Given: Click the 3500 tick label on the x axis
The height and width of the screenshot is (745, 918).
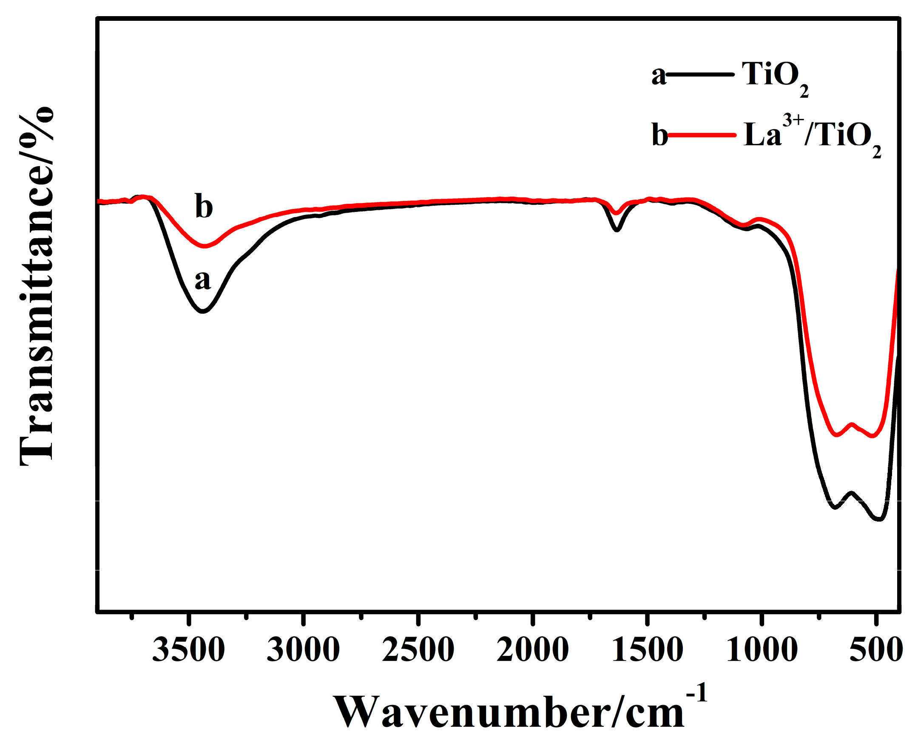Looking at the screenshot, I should coord(188,650).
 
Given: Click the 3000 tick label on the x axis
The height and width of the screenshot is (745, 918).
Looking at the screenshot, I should coord(303,650).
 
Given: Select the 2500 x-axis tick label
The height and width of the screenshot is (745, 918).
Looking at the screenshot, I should coord(418,650).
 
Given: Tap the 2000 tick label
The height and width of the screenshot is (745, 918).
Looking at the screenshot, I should coord(533,650).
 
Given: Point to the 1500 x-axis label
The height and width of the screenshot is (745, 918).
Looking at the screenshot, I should coord(648,650).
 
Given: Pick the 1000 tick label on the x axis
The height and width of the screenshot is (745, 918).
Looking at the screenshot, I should coord(762,650).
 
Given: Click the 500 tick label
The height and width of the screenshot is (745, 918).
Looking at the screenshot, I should coord(876,650).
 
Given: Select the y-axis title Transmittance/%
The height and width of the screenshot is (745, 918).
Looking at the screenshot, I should coord(37,285).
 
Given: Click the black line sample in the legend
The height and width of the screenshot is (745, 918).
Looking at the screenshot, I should coord(700,74).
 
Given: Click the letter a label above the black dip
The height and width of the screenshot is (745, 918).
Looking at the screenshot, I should coord(203,281).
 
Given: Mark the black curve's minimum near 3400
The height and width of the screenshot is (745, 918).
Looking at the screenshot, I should coord(202,311).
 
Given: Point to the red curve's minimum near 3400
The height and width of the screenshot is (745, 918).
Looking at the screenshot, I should coord(205,246).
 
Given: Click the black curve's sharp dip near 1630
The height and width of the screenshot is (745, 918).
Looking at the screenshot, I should coord(617,230).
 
